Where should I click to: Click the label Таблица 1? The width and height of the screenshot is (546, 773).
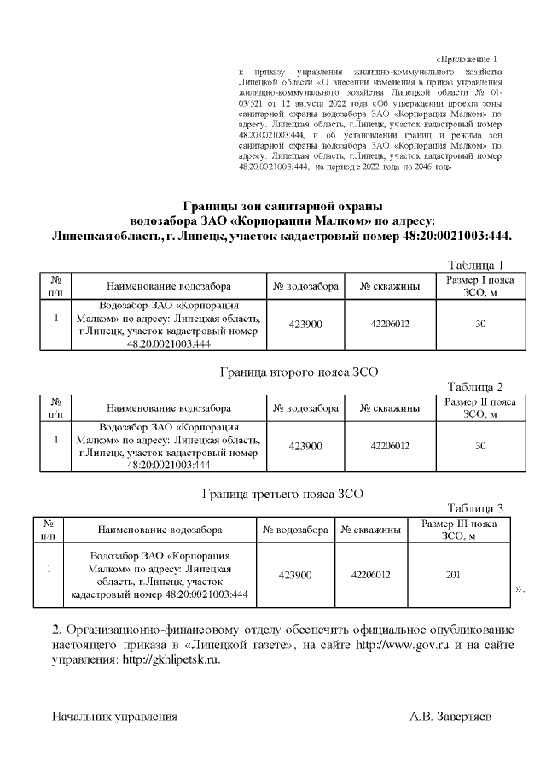pos(481,265)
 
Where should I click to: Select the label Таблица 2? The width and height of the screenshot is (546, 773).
pos(481,386)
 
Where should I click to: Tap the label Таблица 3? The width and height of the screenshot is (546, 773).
pos(481,508)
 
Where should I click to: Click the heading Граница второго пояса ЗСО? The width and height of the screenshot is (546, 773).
pos(299,372)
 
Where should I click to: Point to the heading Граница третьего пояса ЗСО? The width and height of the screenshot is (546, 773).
pos(283,494)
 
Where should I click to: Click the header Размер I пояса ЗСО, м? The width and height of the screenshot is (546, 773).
pos(480,287)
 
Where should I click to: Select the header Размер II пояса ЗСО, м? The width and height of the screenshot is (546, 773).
pos(480,408)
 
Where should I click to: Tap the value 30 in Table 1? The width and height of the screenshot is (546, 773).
pos(480,325)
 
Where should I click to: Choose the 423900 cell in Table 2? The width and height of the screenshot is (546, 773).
pos(305,446)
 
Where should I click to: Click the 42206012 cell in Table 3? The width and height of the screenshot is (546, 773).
pos(370,575)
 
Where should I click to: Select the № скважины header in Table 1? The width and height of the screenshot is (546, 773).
pos(390,287)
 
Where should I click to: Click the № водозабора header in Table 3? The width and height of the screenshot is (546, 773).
pos(296,530)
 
